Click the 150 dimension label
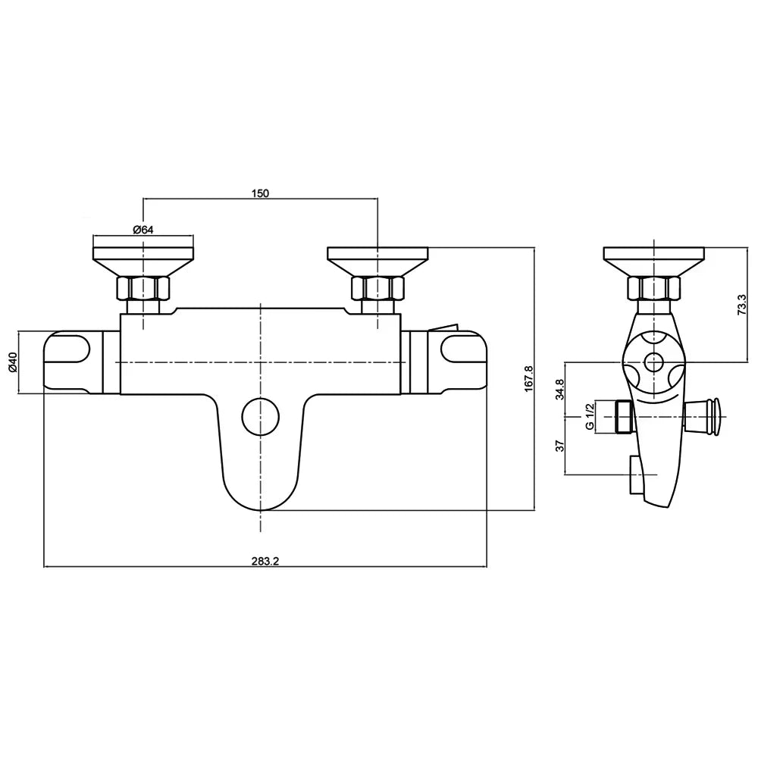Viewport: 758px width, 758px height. click(x=260, y=193)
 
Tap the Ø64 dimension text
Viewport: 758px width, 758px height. click(x=143, y=230)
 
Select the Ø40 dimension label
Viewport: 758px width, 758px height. click(x=13, y=362)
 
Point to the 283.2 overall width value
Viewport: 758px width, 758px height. click(x=265, y=561)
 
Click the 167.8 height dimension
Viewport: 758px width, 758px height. click(x=529, y=378)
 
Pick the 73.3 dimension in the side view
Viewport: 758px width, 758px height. click(x=743, y=305)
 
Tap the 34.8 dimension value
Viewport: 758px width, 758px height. click(x=560, y=389)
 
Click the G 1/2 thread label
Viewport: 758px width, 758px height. click(x=589, y=416)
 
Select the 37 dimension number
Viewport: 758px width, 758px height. click(x=560, y=445)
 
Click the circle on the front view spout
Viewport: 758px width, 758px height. click(x=261, y=416)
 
